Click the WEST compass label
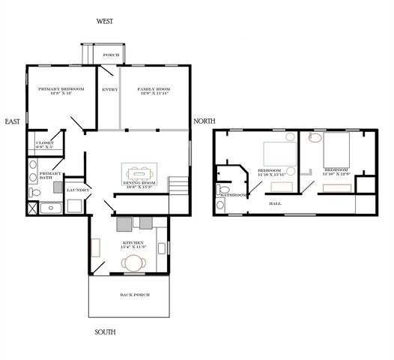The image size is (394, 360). pyautogui.click(x=104, y=22)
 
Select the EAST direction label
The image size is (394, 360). pyautogui.click(x=12, y=121)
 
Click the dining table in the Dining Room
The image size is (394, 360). pyautogui.click(x=140, y=172)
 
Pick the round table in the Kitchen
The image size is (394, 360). pyautogui.click(x=134, y=262)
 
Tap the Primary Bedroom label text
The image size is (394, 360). pyautogui.click(x=61, y=89)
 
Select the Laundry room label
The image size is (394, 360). pyautogui.click(x=78, y=190)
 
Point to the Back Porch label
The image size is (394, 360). pyautogui.click(x=135, y=295)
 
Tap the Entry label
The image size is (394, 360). pyautogui.click(x=110, y=89)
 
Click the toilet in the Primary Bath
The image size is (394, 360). pyautogui.click(x=34, y=193)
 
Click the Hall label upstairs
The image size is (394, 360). pyautogui.click(x=276, y=202)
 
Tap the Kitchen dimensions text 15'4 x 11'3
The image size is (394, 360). pyautogui.click(x=133, y=247)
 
